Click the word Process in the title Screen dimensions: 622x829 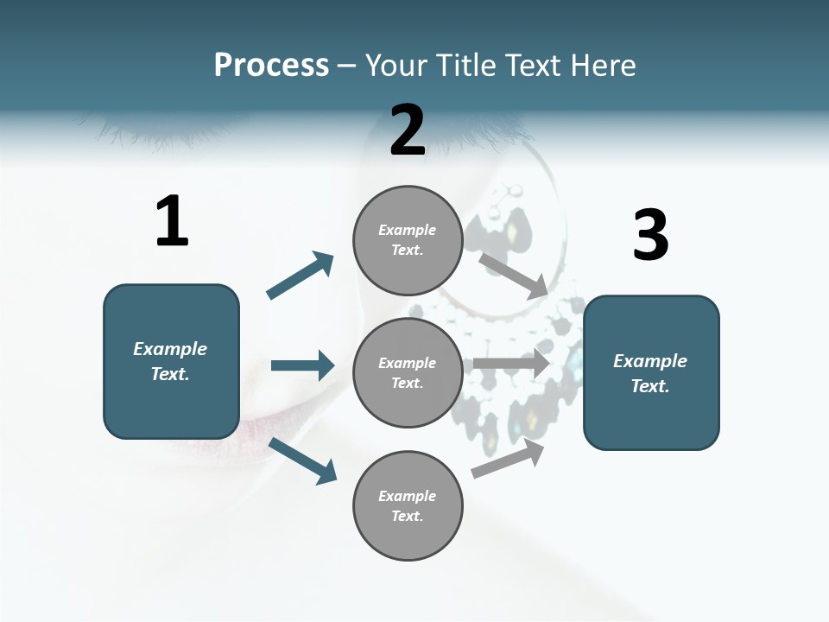pyautogui.click(x=271, y=65)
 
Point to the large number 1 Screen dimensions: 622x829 pyautogui.click(x=172, y=222)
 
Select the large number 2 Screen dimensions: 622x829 pyautogui.click(x=408, y=130)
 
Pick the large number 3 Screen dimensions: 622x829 pyautogui.click(x=650, y=235)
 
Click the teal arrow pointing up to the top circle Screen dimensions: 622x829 pyautogui.click(x=301, y=276)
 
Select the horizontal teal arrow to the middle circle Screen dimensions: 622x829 pyautogui.click(x=302, y=365)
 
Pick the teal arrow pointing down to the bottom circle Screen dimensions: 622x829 pyautogui.click(x=303, y=460)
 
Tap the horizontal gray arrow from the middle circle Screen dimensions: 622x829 pyautogui.click(x=511, y=364)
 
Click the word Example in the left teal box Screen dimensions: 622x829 pyautogui.click(x=170, y=349)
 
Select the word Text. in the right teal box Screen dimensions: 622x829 pyautogui.click(x=650, y=386)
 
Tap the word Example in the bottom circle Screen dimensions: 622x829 pyautogui.click(x=408, y=496)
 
